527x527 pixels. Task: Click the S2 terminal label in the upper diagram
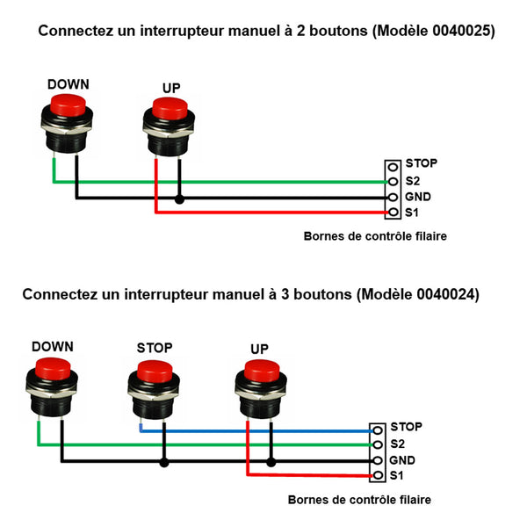[x=413, y=180]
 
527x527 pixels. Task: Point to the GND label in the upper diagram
[x=418, y=197]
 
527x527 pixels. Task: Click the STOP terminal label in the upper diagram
[x=421, y=163]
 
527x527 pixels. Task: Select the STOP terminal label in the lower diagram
[x=406, y=427]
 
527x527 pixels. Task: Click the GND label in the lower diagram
[x=403, y=460]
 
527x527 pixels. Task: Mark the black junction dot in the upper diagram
[x=179, y=199]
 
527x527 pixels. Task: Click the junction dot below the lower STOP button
[x=163, y=461]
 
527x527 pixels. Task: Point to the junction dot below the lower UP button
[x=271, y=461]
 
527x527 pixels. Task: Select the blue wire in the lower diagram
[x=263, y=431]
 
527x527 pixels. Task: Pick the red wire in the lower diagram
[x=307, y=476]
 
